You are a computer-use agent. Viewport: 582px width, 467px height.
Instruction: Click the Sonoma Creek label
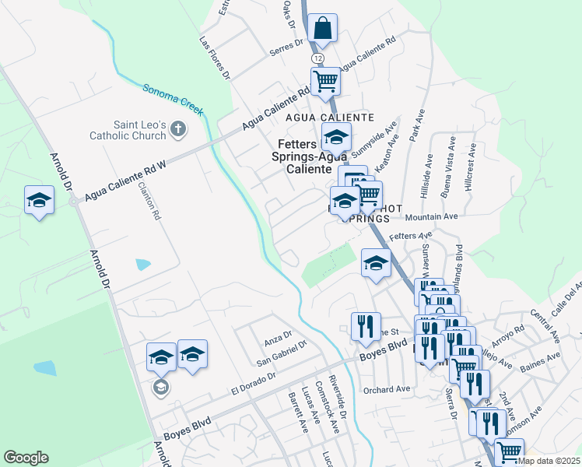point(173,100)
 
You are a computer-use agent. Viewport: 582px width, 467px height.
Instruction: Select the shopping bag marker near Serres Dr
point(322,29)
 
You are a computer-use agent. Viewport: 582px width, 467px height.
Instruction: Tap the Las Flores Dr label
point(216,58)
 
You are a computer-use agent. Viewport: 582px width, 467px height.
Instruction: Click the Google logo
point(26,458)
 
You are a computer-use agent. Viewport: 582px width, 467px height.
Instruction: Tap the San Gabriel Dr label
point(282,353)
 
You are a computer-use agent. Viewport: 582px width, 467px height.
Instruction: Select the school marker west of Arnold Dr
point(39,202)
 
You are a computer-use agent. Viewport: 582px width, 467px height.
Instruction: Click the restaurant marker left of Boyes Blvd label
point(364,328)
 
